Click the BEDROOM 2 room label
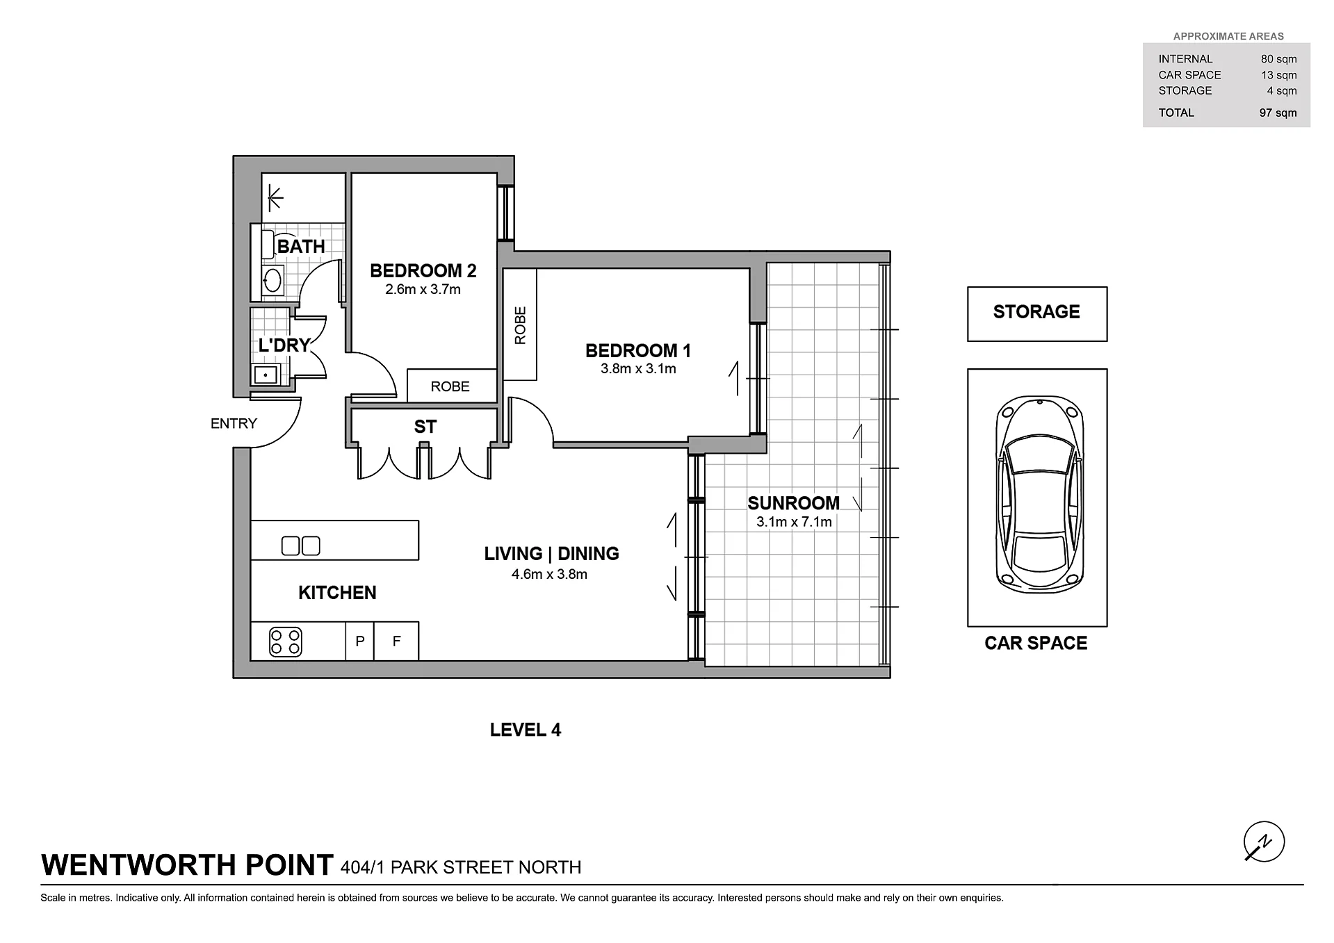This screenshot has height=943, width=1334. tap(423, 270)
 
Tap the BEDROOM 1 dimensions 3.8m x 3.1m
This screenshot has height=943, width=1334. tap(638, 369)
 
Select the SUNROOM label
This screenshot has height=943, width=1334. tap(793, 503)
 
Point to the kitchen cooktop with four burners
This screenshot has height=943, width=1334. tap(286, 643)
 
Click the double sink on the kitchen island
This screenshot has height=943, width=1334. tap(300, 546)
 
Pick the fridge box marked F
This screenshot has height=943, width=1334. tap(396, 641)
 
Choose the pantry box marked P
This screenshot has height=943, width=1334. tap(359, 641)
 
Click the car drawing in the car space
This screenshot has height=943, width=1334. tap(1039, 495)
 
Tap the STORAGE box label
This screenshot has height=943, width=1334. tap(1036, 312)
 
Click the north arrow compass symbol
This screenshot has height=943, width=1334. tap(1264, 842)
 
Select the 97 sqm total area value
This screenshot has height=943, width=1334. tap(1278, 113)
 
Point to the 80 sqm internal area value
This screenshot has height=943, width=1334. tap(1278, 59)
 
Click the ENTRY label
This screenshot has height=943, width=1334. tap(234, 423)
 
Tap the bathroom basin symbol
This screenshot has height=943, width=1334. tap(272, 281)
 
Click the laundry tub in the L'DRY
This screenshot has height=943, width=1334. tap(266, 375)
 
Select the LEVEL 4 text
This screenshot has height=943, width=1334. tap(525, 730)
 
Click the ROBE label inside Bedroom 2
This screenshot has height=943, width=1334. tap(450, 386)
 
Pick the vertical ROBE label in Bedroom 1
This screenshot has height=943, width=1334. tap(520, 325)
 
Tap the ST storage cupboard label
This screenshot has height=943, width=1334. tap(425, 427)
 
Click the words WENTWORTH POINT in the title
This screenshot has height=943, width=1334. tap(187, 865)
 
